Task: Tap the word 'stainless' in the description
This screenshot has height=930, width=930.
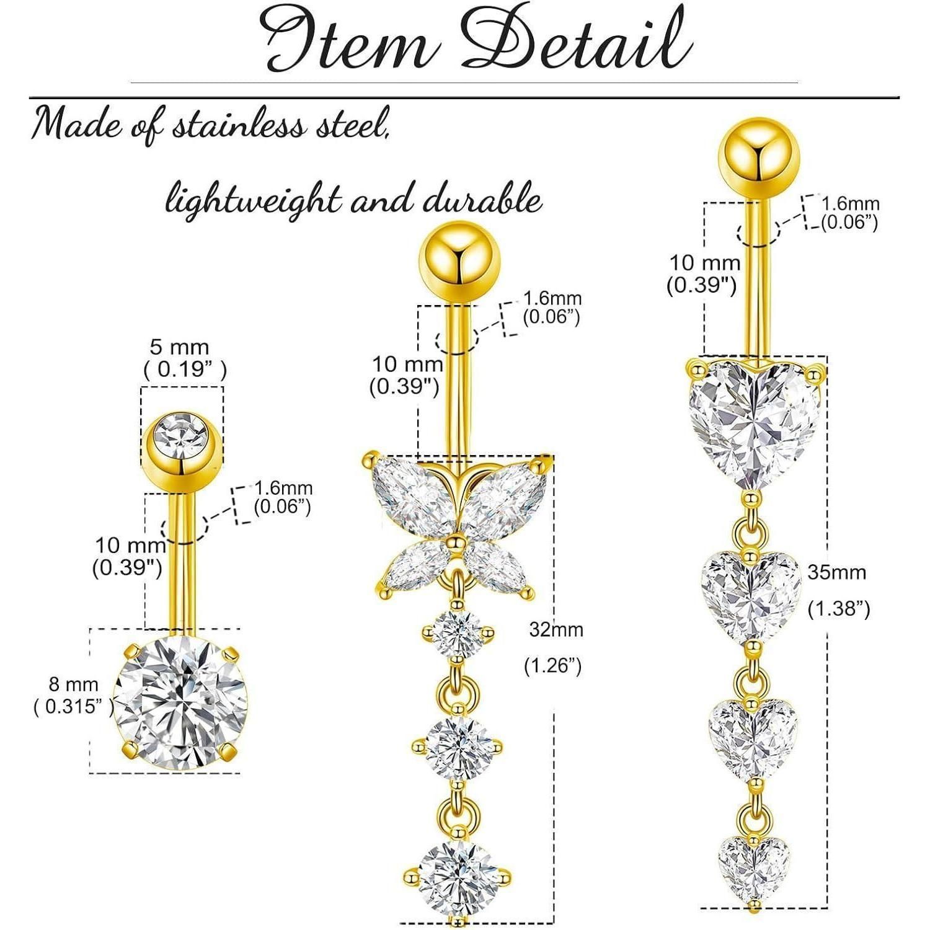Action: [239, 125]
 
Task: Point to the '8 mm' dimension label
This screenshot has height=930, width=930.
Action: [74, 684]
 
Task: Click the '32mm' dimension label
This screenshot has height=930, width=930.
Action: [556, 630]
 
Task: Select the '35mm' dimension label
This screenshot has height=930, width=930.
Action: [836, 572]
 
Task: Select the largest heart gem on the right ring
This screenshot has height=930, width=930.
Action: [755, 423]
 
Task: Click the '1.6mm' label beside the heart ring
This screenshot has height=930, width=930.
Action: [850, 203]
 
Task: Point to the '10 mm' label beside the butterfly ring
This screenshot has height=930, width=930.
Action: [407, 364]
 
